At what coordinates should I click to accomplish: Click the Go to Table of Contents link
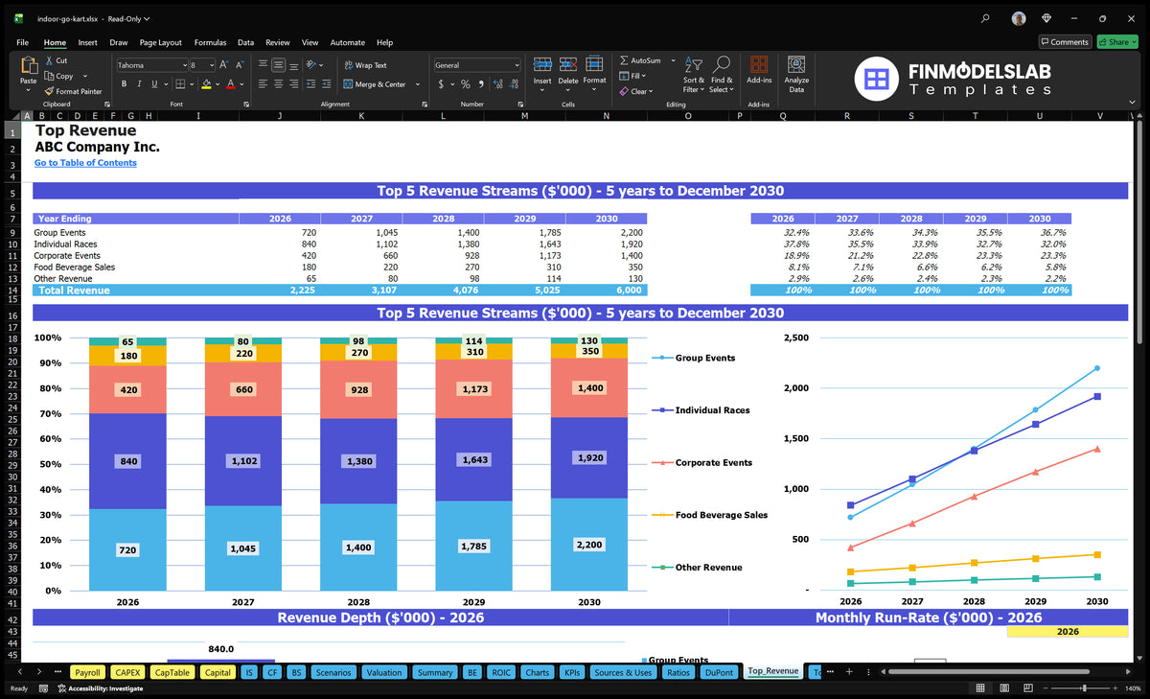pos(85,163)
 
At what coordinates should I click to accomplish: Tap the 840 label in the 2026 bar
pos(128,461)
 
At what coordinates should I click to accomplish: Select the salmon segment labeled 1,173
pos(473,388)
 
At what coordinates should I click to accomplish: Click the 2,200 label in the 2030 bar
pos(588,545)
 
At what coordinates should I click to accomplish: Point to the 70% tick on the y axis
pos(50,413)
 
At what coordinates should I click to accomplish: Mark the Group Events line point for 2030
pos(1097,368)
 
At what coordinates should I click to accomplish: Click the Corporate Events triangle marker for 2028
pos(974,497)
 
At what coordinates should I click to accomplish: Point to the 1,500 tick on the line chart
pos(795,438)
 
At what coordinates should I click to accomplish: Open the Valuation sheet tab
pos(384,672)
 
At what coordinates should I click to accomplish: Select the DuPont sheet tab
pos(719,672)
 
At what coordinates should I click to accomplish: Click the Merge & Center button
pos(380,84)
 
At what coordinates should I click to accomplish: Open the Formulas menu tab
pos(210,42)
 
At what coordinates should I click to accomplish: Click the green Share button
pos(1117,42)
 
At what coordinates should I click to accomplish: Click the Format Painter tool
pos(73,91)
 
